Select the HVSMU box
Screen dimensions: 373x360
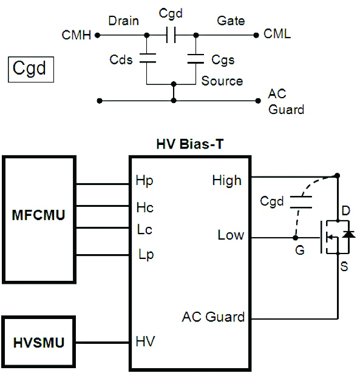pyautogui.click(x=39, y=341)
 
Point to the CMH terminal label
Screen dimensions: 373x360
pyautogui.click(x=76, y=35)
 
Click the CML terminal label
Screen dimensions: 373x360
pyautogui.click(x=277, y=35)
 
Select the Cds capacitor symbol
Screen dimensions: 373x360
pyautogui.click(x=147, y=59)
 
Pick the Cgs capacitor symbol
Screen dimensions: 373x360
pyautogui.click(x=195, y=59)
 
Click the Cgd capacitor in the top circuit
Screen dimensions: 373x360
pyautogui.click(x=171, y=35)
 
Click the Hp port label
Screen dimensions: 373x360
pyautogui.click(x=145, y=181)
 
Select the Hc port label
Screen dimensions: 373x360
pyautogui.click(x=145, y=207)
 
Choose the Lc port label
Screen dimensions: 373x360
pyautogui.click(x=145, y=230)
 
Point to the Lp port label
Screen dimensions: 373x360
pyautogui.click(x=145, y=255)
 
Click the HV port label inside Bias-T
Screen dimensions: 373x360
pyautogui.click(x=146, y=342)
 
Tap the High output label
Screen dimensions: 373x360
pyautogui.click(x=226, y=180)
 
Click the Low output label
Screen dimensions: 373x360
pyautogui.click(x=231, y=235)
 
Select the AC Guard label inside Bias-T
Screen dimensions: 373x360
pyautogui.click(x=213, y=317)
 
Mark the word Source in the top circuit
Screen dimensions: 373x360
pyautogui.click(x=222, y=81)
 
